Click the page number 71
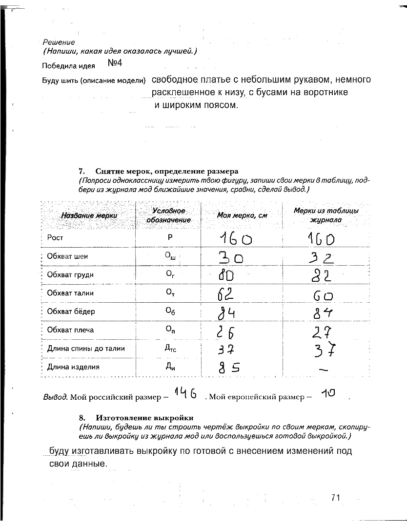[x=335, y=497]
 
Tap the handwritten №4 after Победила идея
[x=114, y=64]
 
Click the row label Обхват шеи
[x=67, y=256]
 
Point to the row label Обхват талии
[x=70, y=293]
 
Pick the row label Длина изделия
[x=73, y=367]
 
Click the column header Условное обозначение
[x=168, y=215]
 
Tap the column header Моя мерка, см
[x=242, y=215]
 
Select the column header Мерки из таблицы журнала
[x=326, y=215]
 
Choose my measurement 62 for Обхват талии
[x=225, y=294]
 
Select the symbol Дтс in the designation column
[x=168, y=349]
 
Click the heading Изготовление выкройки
[x=144, y=418]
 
